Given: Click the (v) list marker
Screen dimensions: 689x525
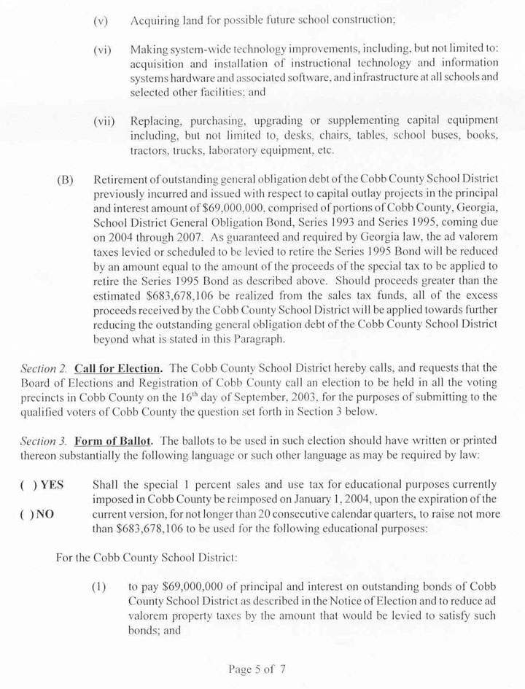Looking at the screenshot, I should pos(101,21).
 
